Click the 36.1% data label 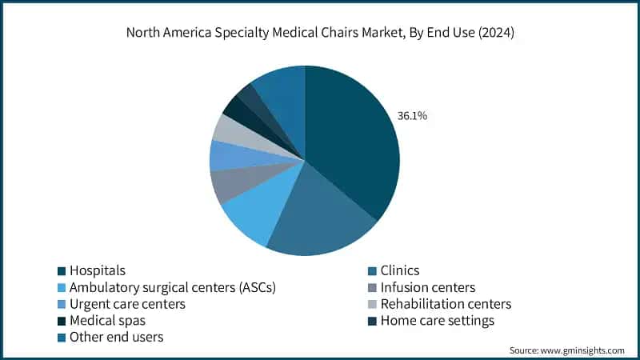point(412,116)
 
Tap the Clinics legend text point(400,270)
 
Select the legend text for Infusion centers point(428,287)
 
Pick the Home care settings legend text point(438,321)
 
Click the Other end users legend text point(116,338)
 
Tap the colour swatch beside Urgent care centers point(61,305)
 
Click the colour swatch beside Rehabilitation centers point(371,305)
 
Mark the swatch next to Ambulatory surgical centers point(61,288)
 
